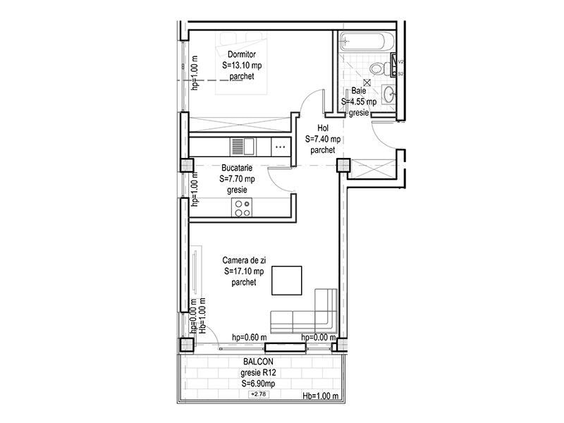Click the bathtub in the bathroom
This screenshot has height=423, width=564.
[365, 42]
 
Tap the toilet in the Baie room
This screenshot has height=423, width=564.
[381, 68]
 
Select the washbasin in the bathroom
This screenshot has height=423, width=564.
[390, 93]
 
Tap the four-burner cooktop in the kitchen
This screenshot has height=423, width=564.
[243, 208]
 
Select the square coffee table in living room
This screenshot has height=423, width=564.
[288, 279]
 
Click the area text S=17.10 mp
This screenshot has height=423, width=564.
[243, 271]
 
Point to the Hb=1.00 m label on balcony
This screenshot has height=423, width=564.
[321, 396]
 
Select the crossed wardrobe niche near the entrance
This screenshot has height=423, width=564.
[370, 170]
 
